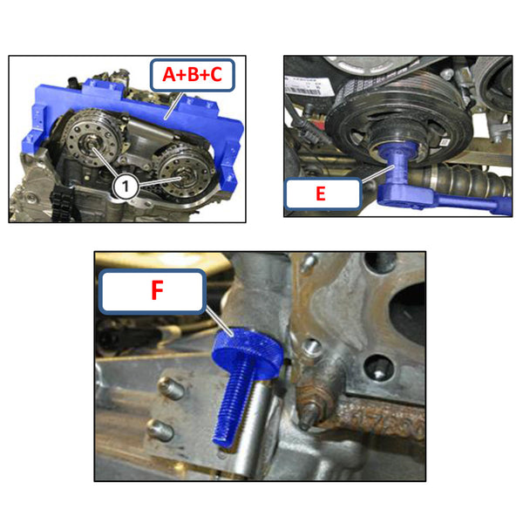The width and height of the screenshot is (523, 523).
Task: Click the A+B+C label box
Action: (193, 76)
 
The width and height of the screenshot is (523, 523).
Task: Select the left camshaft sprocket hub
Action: (90, 145)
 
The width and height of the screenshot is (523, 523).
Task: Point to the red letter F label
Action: (156, 290)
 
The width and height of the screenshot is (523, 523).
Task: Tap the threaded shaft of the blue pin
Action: (228, 402)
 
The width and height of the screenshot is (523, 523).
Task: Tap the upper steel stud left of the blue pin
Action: (172, 389)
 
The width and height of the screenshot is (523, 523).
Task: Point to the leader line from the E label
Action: (373, 175)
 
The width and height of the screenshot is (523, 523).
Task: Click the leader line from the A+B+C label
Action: (173, 109)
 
